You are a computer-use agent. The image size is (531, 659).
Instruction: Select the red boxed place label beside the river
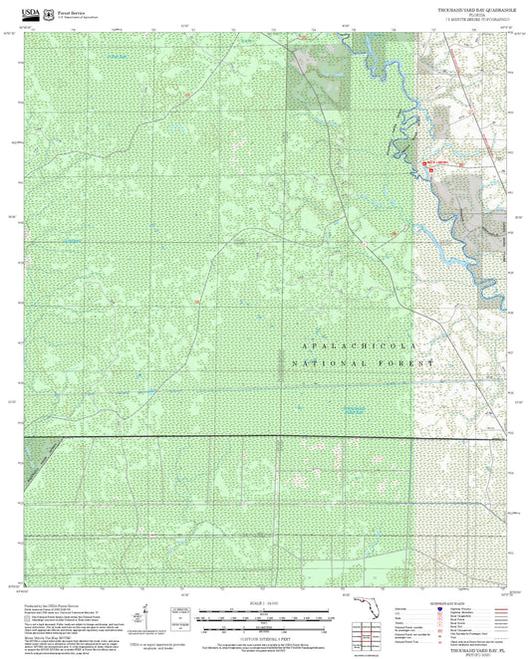(436, 163)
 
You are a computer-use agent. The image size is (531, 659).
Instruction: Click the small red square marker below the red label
(431, 171)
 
